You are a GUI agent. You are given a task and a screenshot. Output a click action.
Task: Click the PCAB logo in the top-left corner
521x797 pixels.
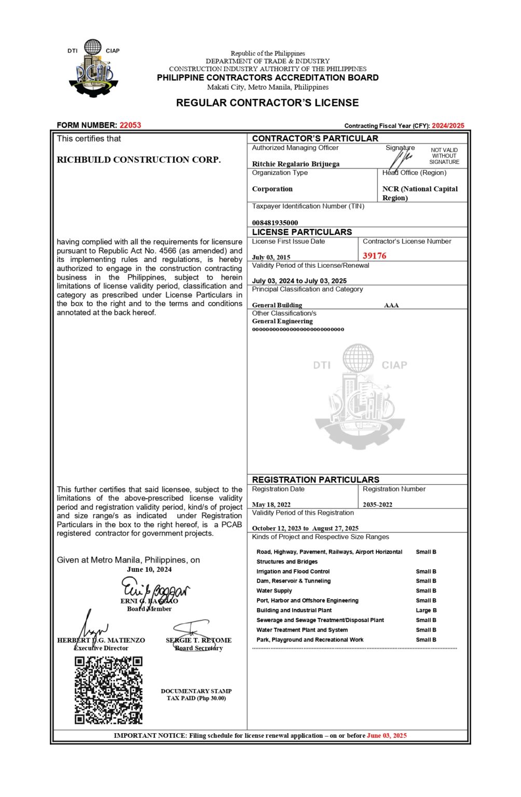click(x=94, y=69)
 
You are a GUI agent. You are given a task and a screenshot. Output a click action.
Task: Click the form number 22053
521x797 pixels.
click(x=130, y=125)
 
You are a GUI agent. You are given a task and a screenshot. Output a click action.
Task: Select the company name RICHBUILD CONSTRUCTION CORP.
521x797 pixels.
click(x=139, y=160)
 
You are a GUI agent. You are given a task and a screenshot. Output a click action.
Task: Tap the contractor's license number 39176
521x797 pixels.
click(x=374, y=256)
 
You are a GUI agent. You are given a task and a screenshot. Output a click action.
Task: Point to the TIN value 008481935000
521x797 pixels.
click(x=275, y=223)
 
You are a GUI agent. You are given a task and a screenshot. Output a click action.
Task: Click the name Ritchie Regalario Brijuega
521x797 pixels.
click(x=296, y=164)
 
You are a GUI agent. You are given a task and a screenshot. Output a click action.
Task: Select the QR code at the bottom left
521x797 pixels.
click(x=108, y=690)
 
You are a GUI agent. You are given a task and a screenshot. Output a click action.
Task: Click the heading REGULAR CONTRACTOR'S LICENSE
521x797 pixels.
click(x=267, y=103)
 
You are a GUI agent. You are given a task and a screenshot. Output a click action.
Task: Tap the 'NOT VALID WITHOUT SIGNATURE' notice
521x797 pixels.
click(x=444, y=156)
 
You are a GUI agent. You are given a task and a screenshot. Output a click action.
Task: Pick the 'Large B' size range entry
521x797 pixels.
click(x=426, y=610)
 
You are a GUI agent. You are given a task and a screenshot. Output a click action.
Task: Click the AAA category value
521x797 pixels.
click(x=391, y=305)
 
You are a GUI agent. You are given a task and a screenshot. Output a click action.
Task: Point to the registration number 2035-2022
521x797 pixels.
click(x=377, y=504)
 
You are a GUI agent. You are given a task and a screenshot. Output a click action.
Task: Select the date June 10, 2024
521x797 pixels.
click(x=149, y=569)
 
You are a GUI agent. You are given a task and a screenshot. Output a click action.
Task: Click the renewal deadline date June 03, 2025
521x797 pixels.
click(x=387, y=735)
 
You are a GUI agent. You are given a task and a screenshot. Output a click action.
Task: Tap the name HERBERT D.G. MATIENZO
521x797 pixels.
click(x=101, y=640)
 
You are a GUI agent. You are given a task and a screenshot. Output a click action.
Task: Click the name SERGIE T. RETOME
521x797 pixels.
click(x=199, y=640)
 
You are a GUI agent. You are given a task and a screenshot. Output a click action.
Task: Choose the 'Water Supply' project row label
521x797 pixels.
click(x=274, y=590)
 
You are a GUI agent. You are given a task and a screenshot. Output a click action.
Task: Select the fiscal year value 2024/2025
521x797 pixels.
click(x=448, y=126)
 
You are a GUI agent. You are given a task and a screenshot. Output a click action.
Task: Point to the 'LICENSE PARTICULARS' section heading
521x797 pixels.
click(x=302, y=232)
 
